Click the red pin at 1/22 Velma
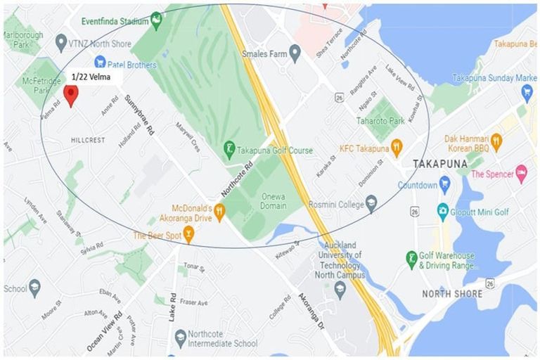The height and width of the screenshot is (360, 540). click(70, 94)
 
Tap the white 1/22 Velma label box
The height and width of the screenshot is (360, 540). click(96, 76)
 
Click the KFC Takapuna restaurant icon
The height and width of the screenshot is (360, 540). click(397, 148)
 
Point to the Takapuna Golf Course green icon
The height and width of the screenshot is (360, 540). click(229, 150)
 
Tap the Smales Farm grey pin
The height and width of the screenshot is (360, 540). click(295, 53)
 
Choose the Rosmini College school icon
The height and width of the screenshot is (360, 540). click(371, 204)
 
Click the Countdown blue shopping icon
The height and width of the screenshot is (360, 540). click(444, 185)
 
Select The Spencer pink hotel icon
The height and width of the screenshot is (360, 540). click(521, 173)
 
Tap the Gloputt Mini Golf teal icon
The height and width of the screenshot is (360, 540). click(442, 210)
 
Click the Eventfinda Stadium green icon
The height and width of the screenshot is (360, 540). click(156, 20)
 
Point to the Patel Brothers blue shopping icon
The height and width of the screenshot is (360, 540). click(100, 63)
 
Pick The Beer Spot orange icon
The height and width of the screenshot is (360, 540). click(188, 236)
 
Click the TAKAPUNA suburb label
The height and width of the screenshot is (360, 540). click(440, 163)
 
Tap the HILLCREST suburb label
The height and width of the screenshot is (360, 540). click(88, 140)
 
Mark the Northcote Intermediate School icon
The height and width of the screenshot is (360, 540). click(181, 336)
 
